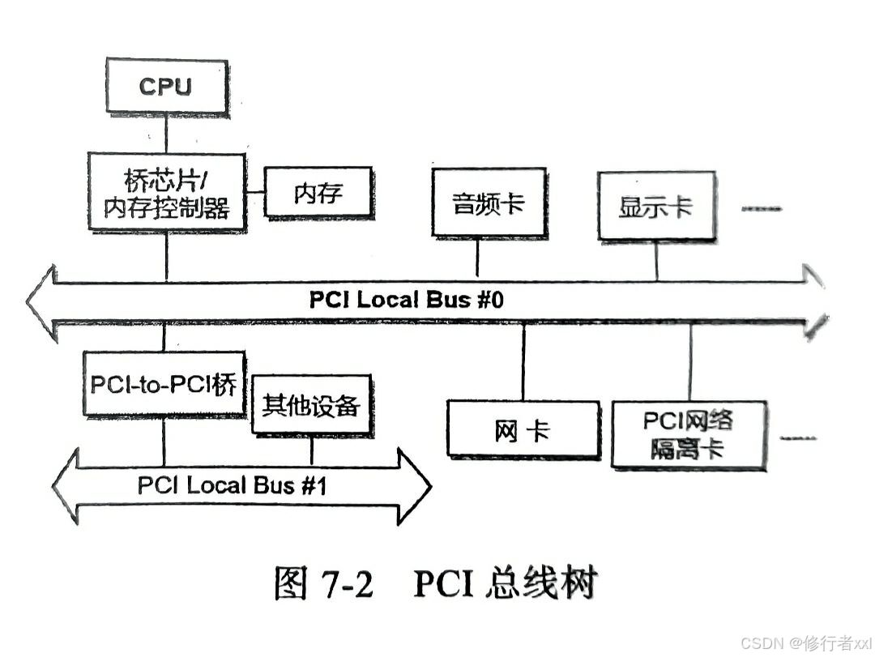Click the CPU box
pos(165,87)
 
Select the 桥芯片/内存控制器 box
pos(167,194)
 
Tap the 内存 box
pos(318,193)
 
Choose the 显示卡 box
pos(656,206)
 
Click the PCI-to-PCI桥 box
pos(164,384)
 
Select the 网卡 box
pos(523,430)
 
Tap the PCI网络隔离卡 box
pos(689,434)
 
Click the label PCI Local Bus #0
pos(407,299)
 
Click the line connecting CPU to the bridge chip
pos(166,134)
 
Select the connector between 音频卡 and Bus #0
pos(476,258)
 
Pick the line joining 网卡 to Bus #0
pos(523,361)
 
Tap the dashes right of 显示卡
pos(762,209)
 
